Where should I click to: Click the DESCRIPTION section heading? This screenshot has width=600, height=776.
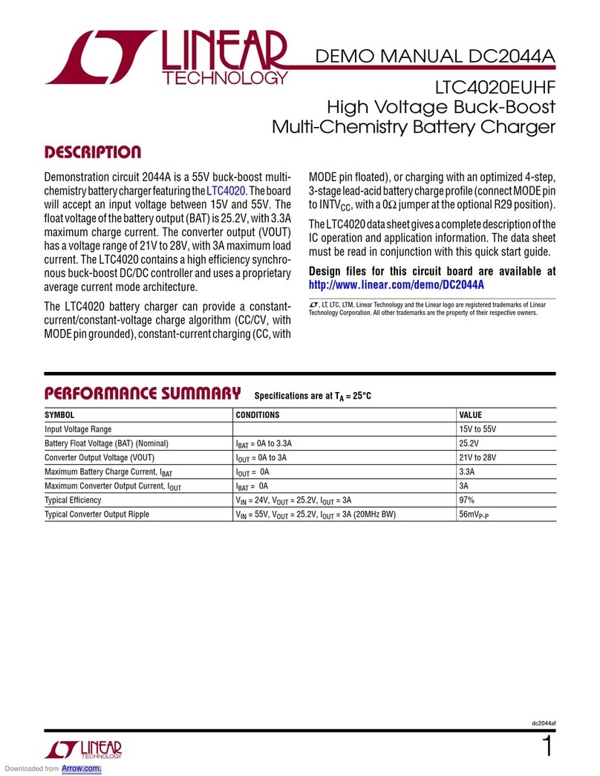(x=92, y=153)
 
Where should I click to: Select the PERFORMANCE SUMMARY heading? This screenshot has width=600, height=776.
(x=143, y=393)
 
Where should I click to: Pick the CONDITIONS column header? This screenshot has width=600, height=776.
(x=257, y=415)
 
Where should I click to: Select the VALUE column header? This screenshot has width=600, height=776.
(x=471, y=415)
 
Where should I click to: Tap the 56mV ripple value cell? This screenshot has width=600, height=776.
(x=477, y=515)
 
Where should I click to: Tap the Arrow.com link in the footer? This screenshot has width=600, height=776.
(x=81, y=769)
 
